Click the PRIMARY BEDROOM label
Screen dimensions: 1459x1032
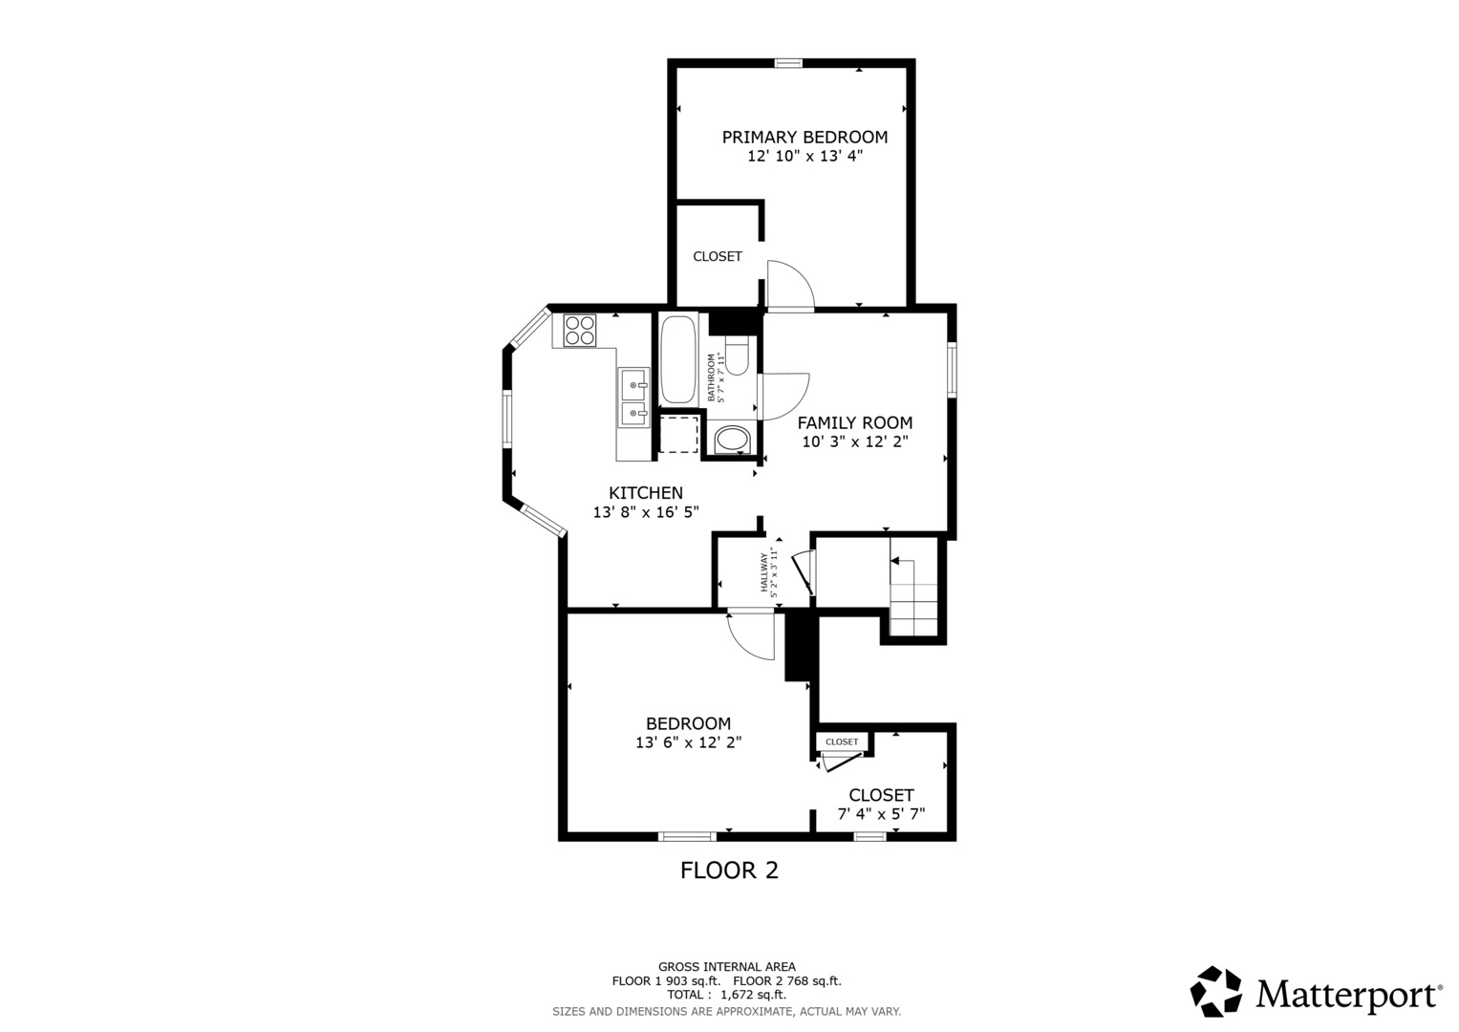pos(805,137)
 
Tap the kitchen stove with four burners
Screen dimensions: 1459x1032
pos(580,331)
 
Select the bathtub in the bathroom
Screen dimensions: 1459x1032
pos(678,359)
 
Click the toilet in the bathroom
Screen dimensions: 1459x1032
pos(738,355)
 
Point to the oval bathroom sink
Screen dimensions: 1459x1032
pos(733,440)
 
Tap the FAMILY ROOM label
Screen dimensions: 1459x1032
pos(854,422)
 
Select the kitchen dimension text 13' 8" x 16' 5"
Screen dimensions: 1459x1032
pos(646,512)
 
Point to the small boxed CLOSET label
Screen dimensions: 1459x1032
pos(842,742)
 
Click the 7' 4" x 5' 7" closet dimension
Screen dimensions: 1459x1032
pos(881,814)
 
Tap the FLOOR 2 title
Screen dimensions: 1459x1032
pos(729,871)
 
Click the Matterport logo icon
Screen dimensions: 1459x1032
pos(1215,992)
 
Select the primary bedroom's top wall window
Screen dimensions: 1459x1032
pos(788,63)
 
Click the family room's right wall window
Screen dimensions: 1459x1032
pos(952,370)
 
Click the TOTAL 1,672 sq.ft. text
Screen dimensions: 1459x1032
pos(726,995)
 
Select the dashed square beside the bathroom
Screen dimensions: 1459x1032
pos(678,434)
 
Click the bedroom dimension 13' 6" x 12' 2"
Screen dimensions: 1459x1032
pos(689,742)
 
